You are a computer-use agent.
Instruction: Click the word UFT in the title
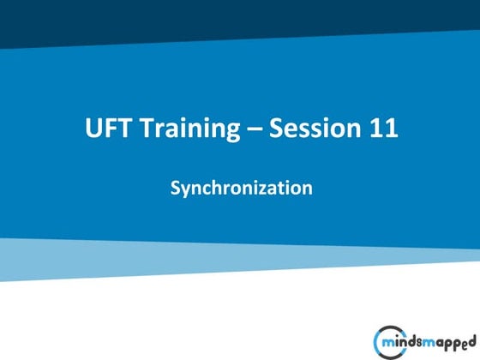pos(106,129)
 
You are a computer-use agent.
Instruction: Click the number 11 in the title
pos(382,129)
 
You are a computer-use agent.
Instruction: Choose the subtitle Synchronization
pos(240,186)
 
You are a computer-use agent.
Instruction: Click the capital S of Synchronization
pos(174,185)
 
